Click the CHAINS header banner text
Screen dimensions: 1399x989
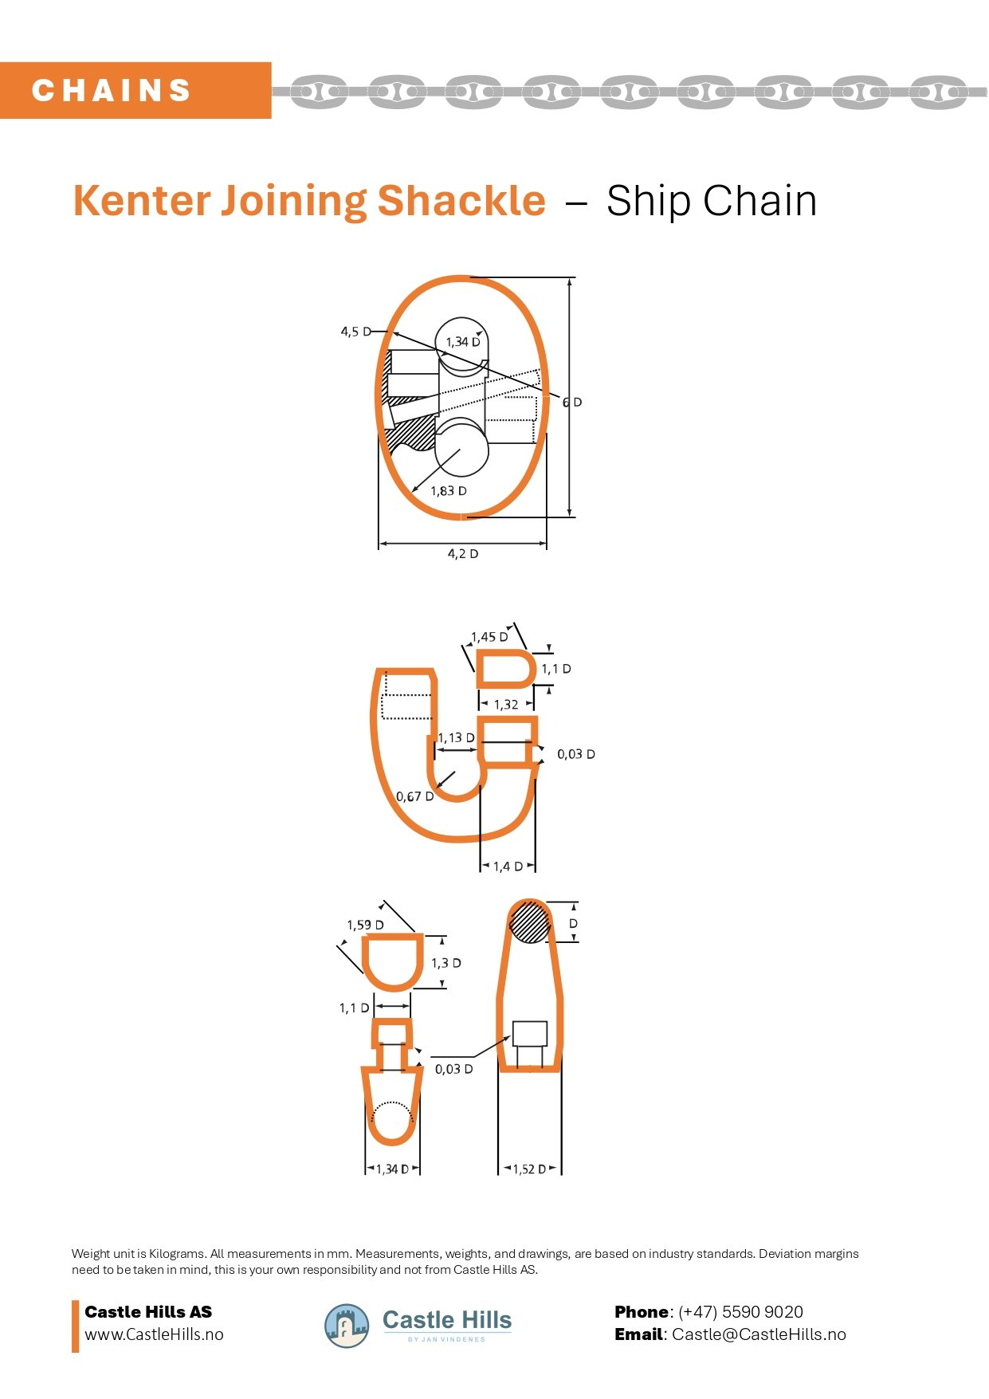(112, 90)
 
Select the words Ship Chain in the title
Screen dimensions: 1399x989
(711, 201)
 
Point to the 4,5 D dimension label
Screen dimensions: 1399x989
(355, 332)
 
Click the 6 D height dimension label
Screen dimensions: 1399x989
(572, 403)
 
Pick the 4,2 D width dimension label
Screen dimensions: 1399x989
(462, 554)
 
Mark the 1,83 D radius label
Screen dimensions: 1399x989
(448, 491)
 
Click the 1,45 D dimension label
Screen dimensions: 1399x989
(489, 637)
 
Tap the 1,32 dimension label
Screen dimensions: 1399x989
(505, 705)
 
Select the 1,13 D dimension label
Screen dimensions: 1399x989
(456, 738)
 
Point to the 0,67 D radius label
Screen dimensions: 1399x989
(414, 796)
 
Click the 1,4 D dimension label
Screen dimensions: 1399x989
(508, 867)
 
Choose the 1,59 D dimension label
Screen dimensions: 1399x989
(365, 925)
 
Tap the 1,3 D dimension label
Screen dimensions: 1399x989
(445, 963)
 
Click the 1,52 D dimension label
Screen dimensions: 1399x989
(529, 1169)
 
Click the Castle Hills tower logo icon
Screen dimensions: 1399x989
(347, 1326)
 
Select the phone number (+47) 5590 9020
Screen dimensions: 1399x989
(740, 1312)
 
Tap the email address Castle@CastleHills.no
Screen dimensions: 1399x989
(759, 1334)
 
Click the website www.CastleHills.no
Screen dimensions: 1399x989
(154, 1334)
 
